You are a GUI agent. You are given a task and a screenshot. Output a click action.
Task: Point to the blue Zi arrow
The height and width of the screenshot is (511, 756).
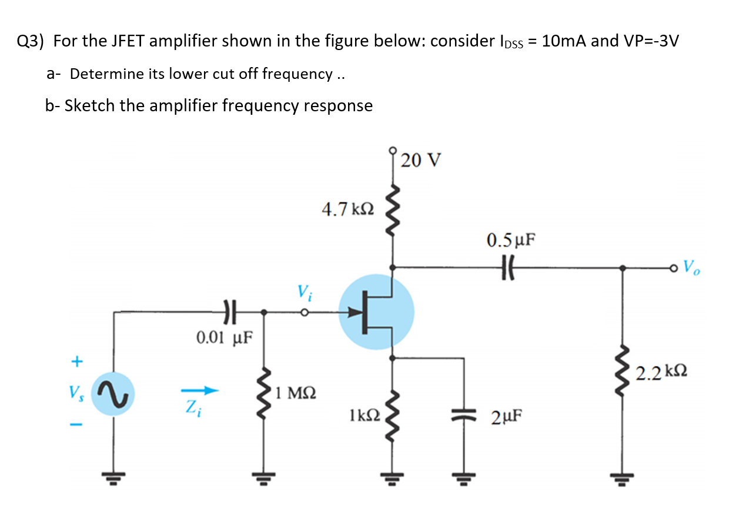point(200,390)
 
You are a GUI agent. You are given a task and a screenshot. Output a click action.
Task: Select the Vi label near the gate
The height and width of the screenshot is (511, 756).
point(304,291)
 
